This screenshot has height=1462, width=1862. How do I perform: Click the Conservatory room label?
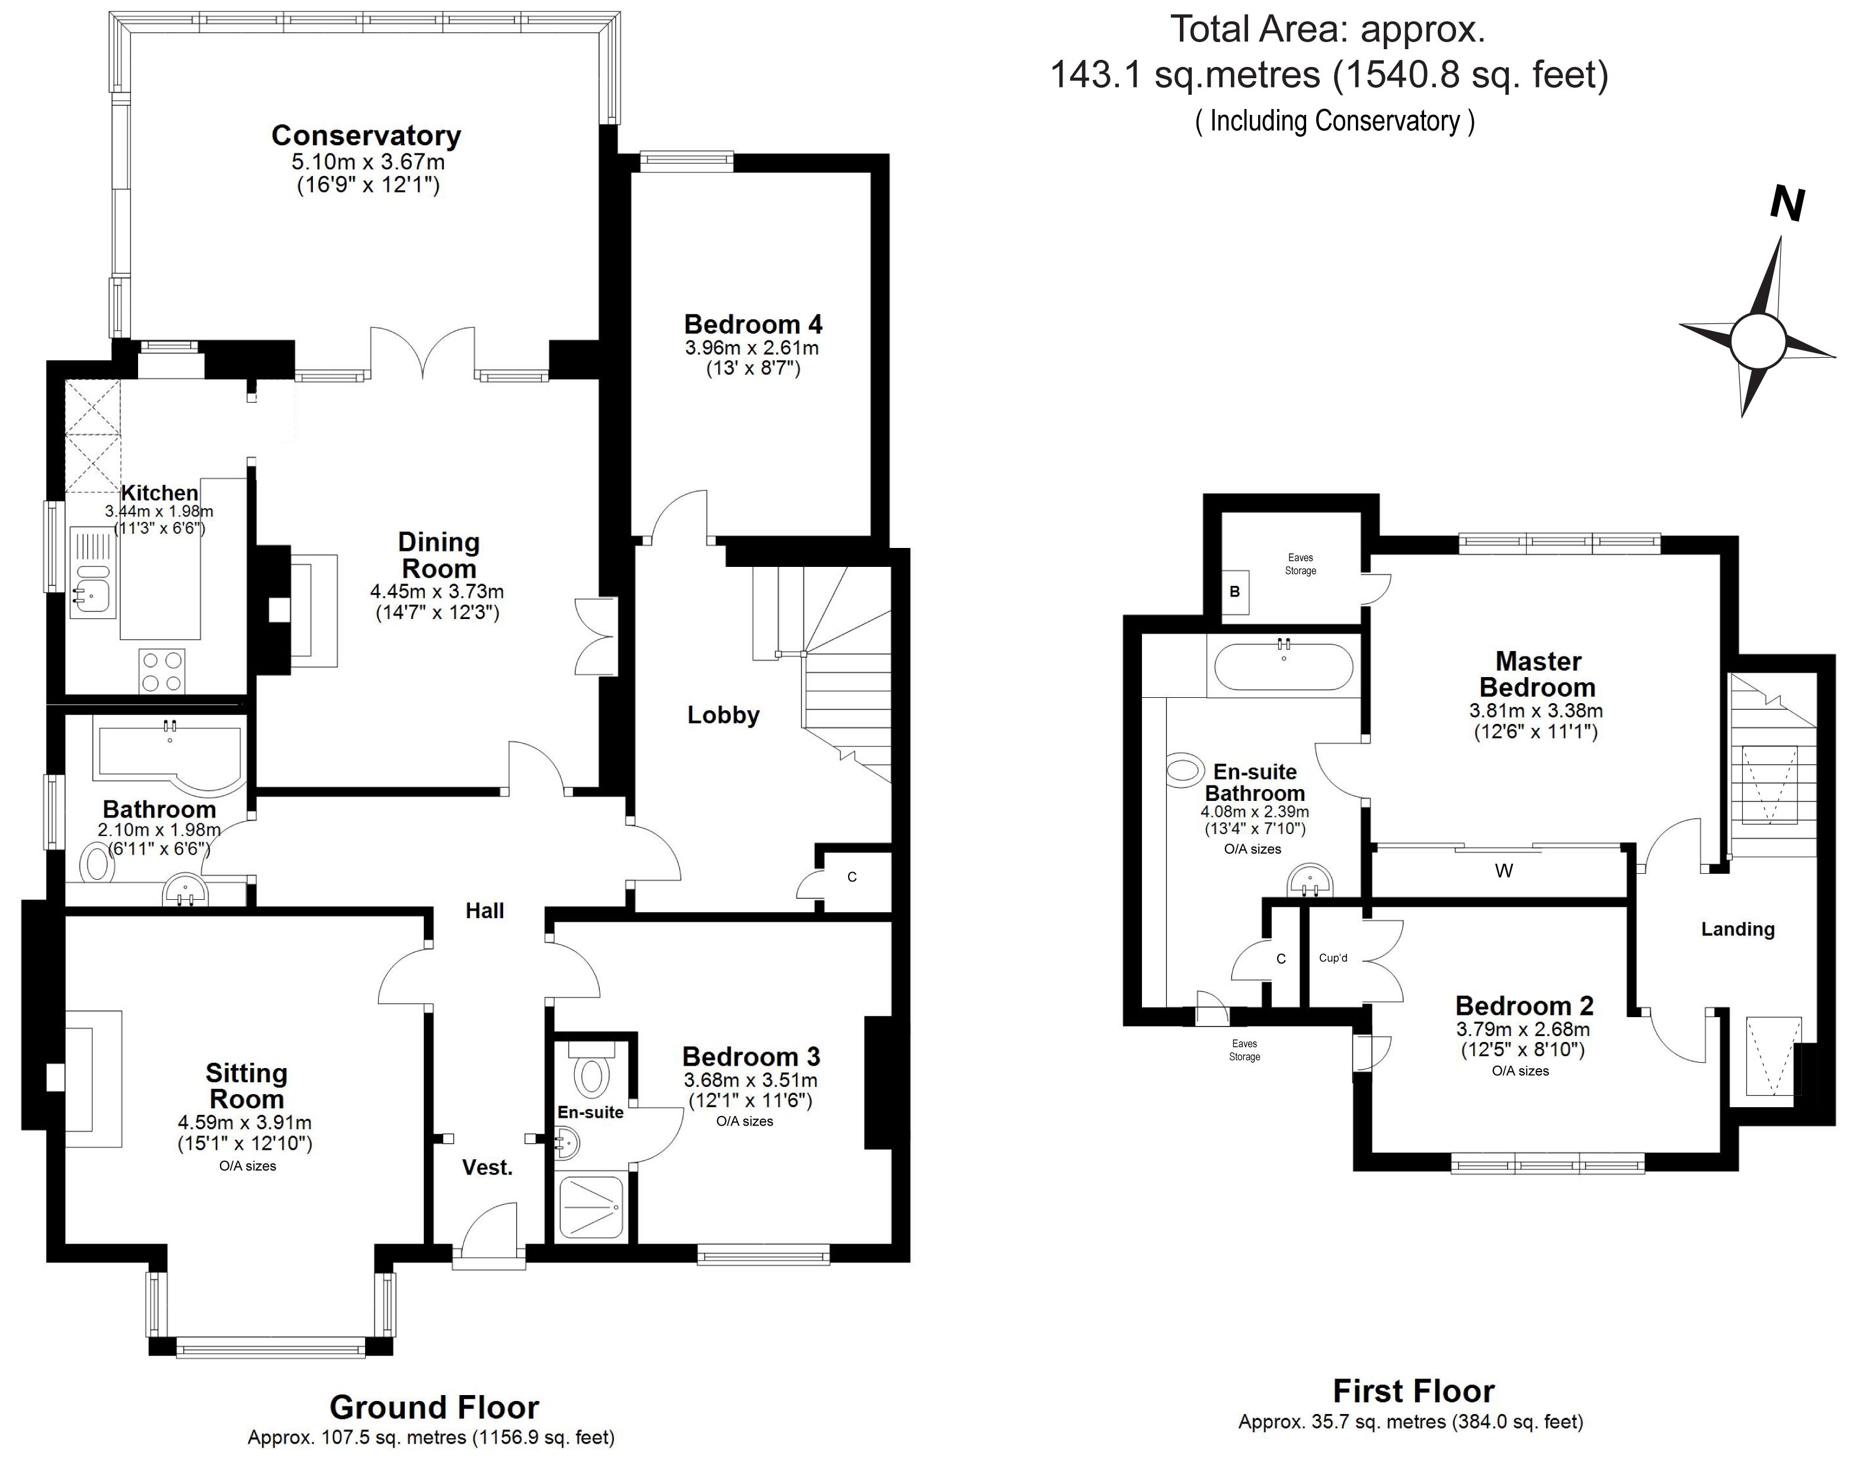click(x=366, y=135)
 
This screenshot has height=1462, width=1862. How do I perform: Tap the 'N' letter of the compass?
click(x=1787, y=204)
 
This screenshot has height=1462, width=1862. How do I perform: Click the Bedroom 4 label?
click(x=753, y=325)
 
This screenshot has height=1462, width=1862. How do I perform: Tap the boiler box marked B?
click(x=1234, y=591)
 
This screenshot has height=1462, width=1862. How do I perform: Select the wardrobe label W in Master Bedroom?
click(x=1504, y=871)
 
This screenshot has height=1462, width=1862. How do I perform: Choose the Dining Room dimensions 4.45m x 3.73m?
click(x=437, y=591)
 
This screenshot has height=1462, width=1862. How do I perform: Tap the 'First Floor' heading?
click(x=1413, y=1391)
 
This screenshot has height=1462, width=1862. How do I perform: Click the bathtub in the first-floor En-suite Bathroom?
click(x=1283, y=667)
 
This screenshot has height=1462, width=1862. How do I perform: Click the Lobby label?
click(x=724, y=715)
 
